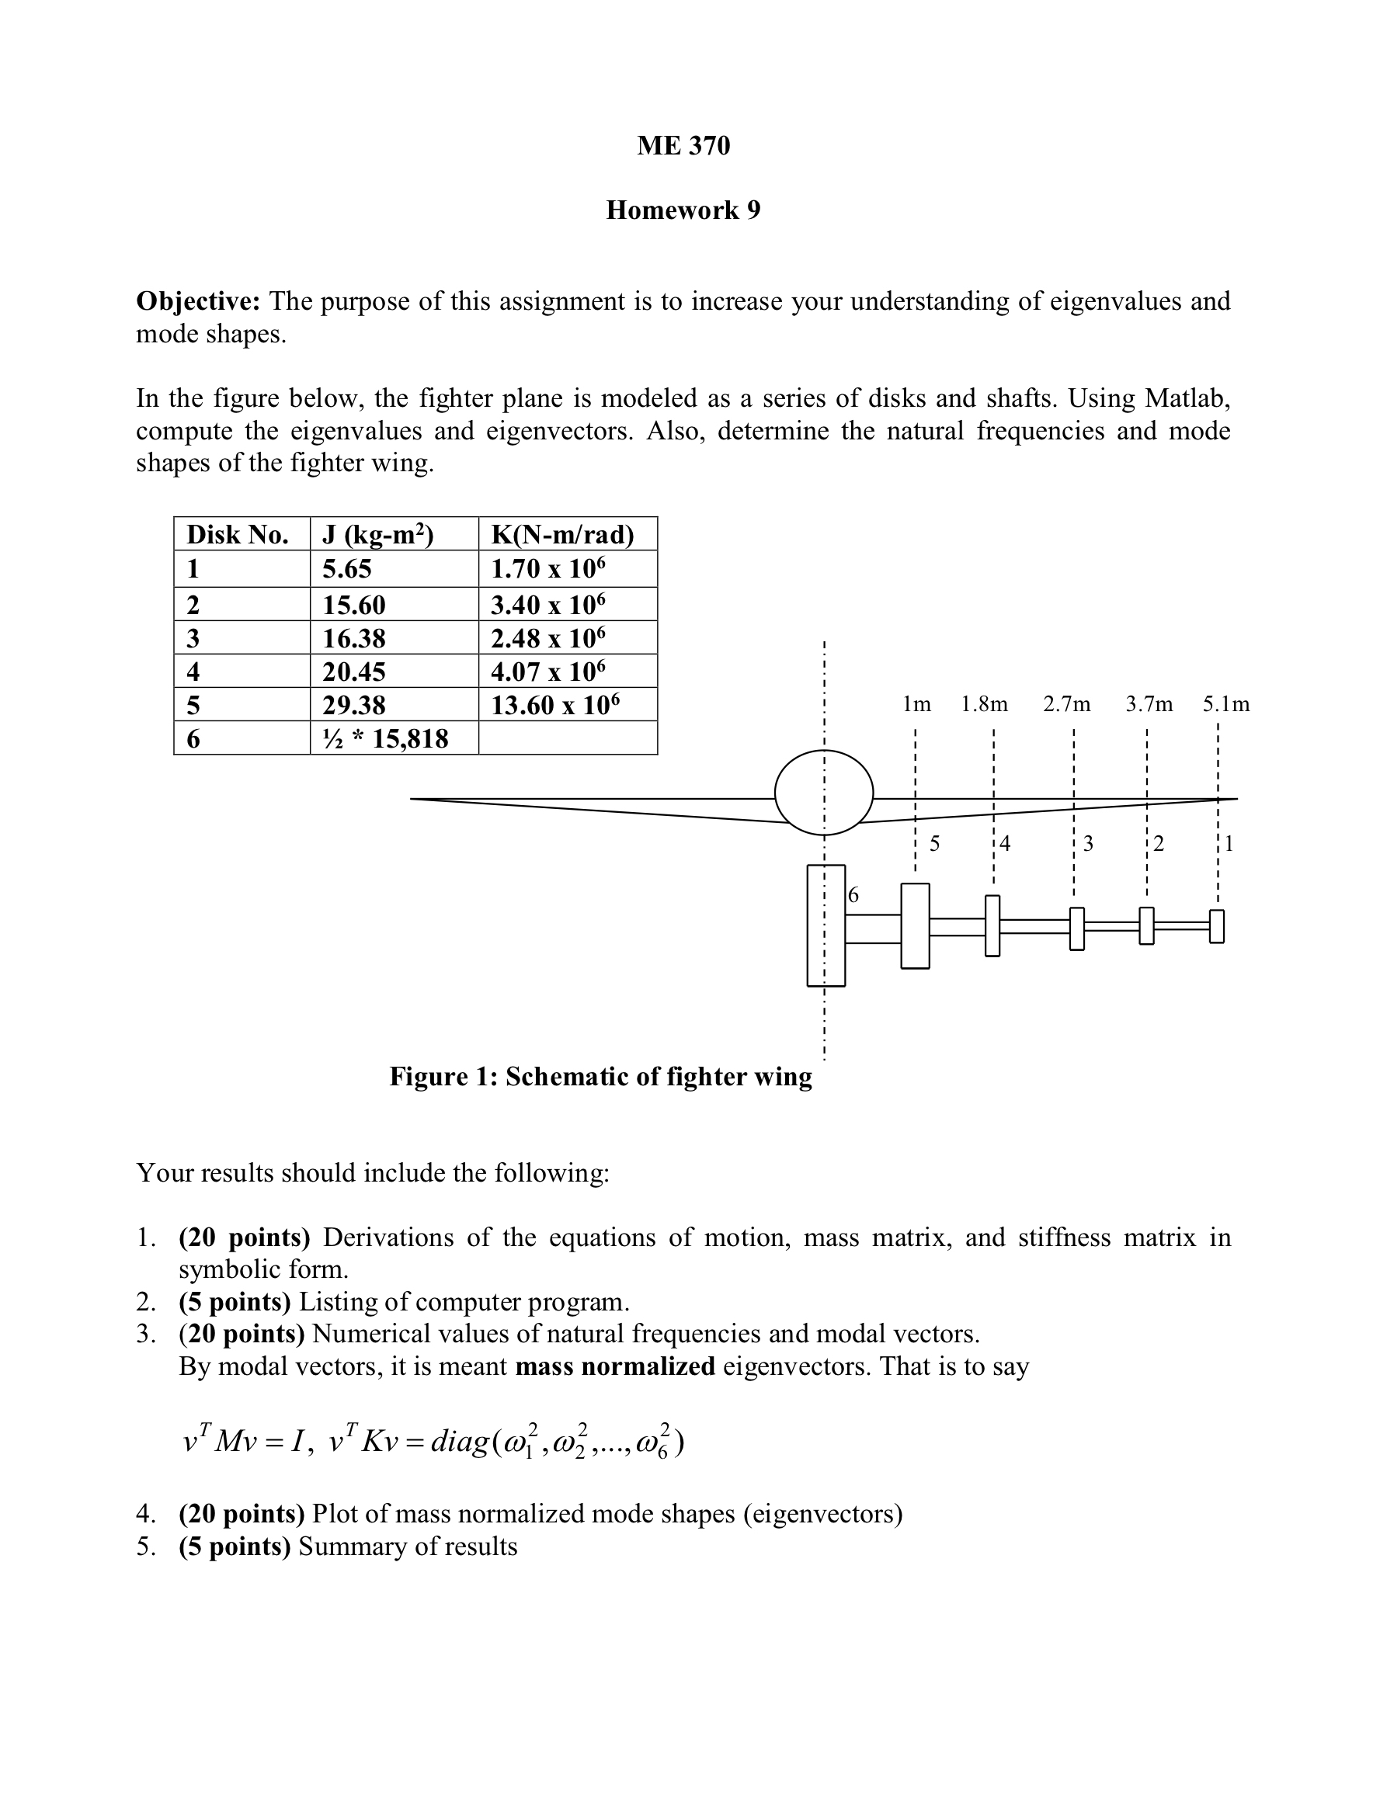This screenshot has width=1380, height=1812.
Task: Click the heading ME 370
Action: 683,145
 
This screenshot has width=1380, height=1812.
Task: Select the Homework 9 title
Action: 683,210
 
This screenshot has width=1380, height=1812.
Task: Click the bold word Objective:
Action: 198,301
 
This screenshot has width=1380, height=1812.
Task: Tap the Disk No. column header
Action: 238,534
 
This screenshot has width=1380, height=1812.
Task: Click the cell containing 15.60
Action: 353,605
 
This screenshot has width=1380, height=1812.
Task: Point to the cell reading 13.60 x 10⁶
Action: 555,705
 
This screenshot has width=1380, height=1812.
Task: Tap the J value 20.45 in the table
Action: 353,672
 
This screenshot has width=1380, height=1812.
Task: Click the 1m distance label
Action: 916,704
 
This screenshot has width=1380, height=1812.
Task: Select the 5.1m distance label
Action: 1225,704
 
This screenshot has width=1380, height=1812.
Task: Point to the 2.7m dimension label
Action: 1066,704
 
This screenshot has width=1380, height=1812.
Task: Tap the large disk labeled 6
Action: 826,925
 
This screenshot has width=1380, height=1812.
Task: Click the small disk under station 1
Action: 1217,926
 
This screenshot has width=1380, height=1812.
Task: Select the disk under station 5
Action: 915,926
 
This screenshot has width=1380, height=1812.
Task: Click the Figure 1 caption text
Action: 600,1076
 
